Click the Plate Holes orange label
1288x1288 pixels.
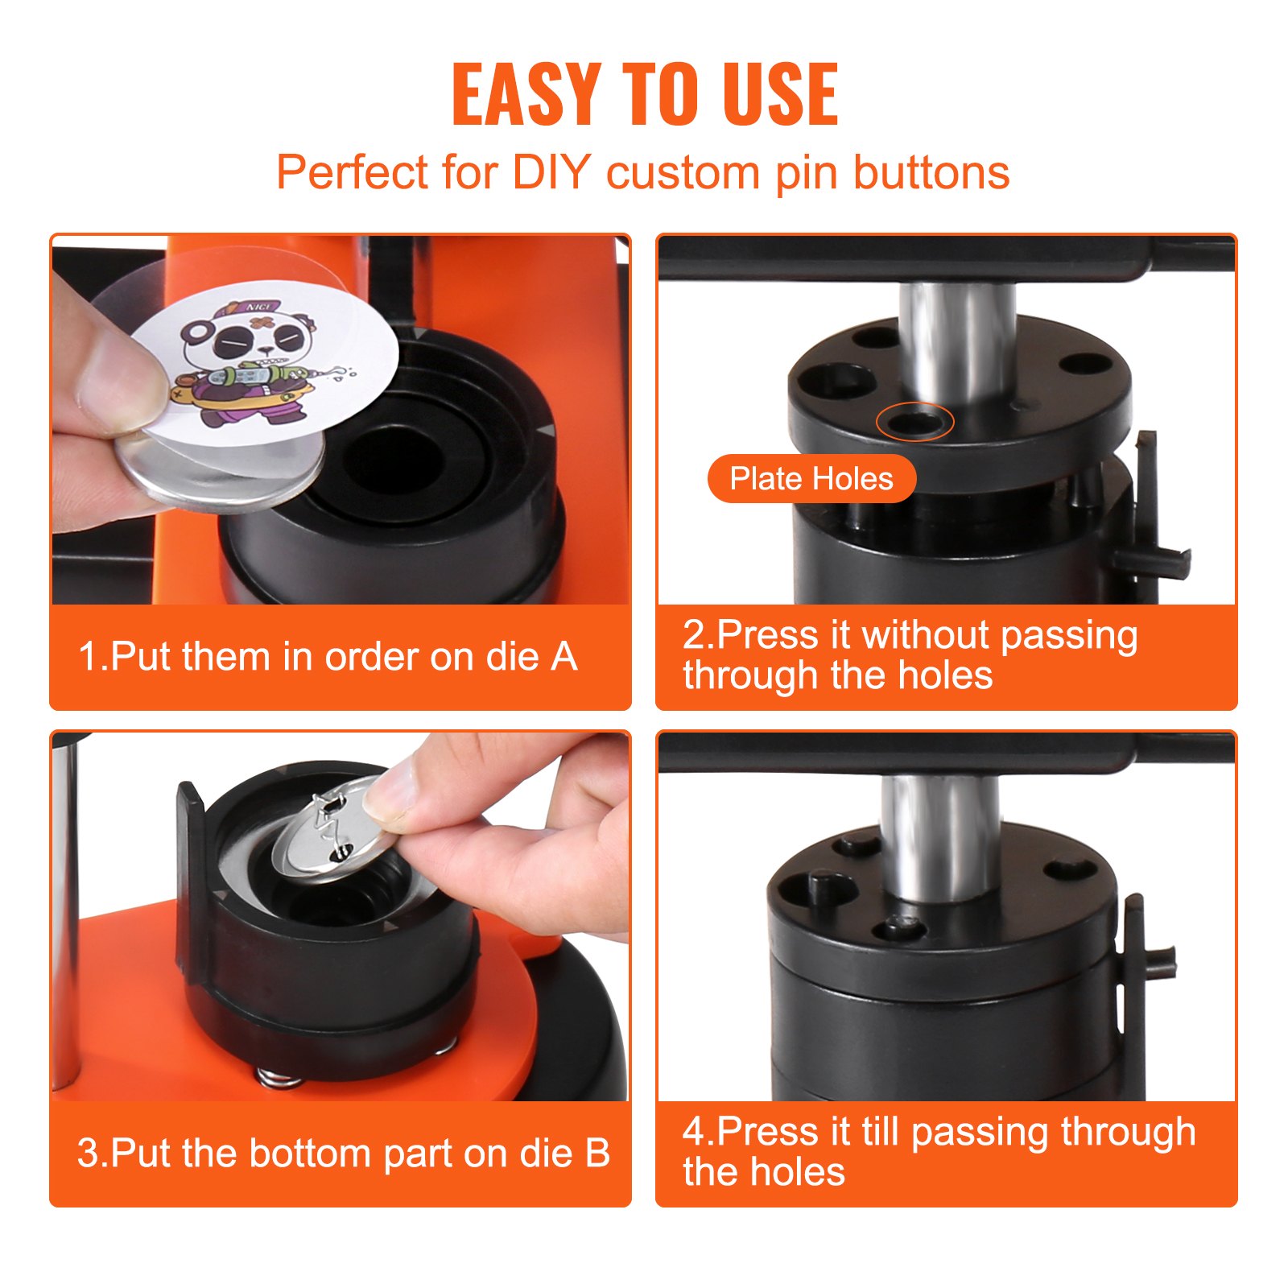point(811,479)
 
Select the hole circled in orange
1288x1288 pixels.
point(915,422)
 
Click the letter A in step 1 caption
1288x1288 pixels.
point(564,656)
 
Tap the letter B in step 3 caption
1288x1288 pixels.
point(597,1153)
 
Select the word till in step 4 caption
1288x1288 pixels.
point(880,1133)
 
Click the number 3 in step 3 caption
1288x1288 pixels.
point(87,1153)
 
